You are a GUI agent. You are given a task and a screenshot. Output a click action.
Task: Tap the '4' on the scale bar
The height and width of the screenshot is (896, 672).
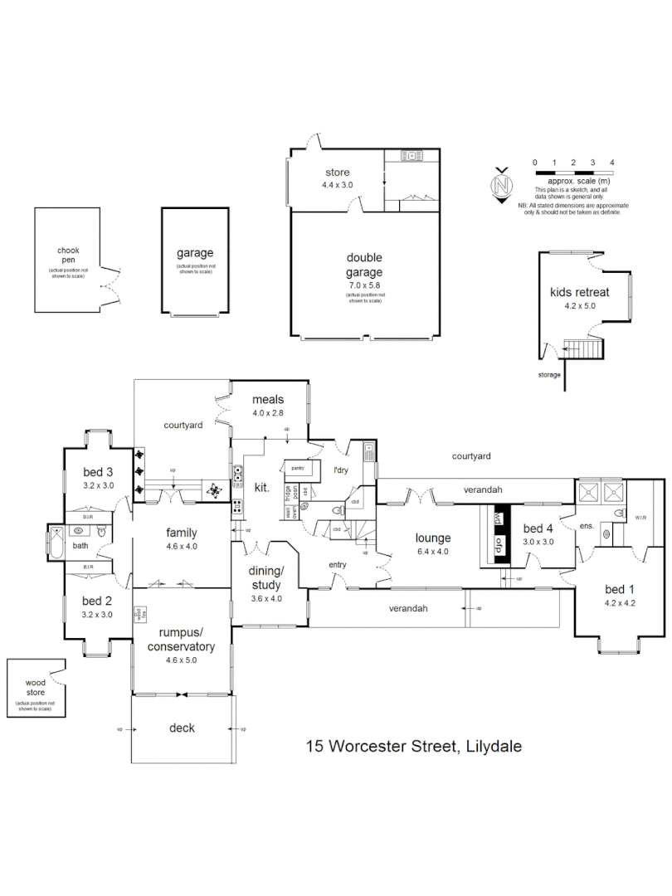coord(611,163)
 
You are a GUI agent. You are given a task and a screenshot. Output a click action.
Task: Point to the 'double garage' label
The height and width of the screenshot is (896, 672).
coord(364,265)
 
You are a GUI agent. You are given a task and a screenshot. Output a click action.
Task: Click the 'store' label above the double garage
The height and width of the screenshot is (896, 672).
coord(337,173)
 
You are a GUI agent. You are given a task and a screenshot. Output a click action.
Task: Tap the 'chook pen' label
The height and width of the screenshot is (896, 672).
coord(67,255)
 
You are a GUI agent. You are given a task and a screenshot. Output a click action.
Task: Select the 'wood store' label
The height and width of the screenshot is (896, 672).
coord(34,687)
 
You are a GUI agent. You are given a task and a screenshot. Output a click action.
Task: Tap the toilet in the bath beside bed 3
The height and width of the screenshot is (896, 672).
coord(101,532)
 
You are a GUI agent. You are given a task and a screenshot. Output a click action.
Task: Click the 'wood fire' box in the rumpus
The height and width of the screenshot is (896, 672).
coord(139,615)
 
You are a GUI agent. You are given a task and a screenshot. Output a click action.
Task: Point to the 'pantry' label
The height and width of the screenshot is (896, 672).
coord(297,468)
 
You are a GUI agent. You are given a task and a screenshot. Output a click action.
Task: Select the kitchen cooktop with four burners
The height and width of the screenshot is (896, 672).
coord(238,504)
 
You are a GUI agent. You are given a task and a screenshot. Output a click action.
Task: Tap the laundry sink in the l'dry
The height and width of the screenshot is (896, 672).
coord(368,452)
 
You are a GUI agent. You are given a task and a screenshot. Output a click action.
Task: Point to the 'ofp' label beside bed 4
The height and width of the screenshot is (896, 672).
coord(499,545)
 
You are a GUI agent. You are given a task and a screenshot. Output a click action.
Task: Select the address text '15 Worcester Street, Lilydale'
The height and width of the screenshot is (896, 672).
coord(414,745)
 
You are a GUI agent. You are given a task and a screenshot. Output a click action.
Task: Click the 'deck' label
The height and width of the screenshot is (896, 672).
coord(182,728)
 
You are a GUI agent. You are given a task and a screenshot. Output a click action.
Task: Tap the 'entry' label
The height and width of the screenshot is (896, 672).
coord(337,565)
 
